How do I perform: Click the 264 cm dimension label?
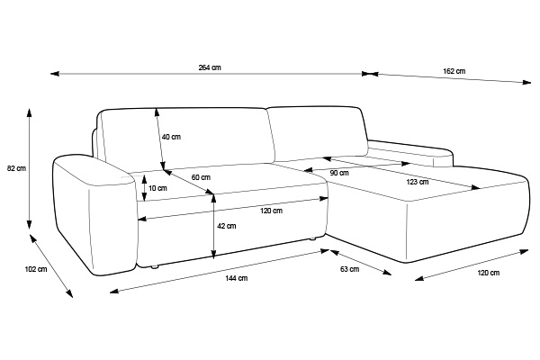pos(210,67)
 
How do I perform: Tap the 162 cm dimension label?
pos(454,71)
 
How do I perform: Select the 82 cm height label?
pos(16,168)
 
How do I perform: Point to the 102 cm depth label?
pos(36,269)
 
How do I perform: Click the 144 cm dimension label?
pos(236,278)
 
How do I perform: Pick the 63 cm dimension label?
pos(349,269)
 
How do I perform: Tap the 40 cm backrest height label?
pos(171,137)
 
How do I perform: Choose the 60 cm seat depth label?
pos(201,177)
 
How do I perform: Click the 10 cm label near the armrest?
pos(157,188)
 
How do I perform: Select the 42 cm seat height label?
pos(227,226)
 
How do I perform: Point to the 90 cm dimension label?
pos(339,173)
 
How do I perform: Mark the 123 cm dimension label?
pos(418,182)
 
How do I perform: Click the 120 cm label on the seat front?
pos(272,211)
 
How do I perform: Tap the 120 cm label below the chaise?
pos(489,273)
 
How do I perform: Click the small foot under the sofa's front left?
pos(155,266)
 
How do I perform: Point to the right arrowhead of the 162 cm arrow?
pos(527,82)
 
